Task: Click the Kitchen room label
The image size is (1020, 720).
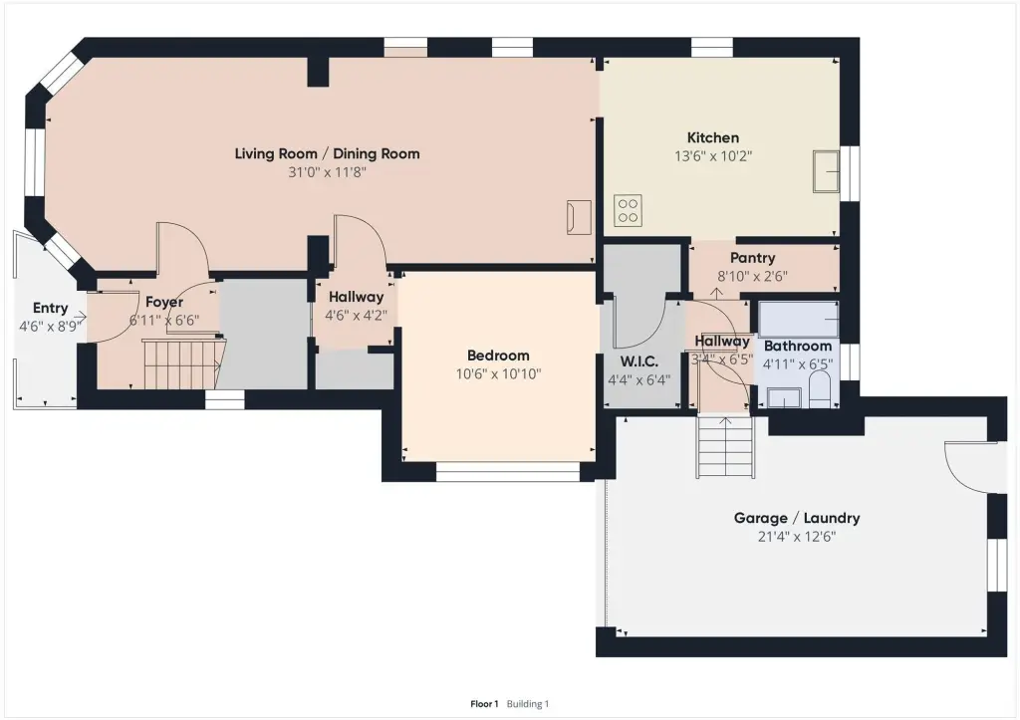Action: pyautogui.click(x=713, y=137)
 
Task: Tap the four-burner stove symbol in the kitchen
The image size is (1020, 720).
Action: pyautogui.click(x=628, y=211)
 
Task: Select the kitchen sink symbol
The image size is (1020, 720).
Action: pyautogui.click(x=827, y=171)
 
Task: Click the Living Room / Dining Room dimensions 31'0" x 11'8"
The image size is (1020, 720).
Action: pyautogui.click(x=327, y=172)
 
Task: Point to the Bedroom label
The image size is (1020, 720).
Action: pyautogui.click(x=498, y=356)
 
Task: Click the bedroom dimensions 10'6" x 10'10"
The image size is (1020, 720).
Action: pyautogui.click(x=498, y=374)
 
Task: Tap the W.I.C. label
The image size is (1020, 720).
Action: pyautogui.click(x=638, y=361)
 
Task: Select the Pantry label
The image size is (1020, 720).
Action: pyautogui.click(x=753, y=258)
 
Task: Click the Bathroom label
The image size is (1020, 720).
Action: pyautogui.click(x=798, y=346)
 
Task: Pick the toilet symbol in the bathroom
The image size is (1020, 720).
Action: pyautogui.click(x=820, y=389)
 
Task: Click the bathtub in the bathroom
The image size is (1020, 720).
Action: pyautogui.click(x=798, y=319)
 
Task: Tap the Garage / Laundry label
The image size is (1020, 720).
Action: pyautogui.click(x=797, y=519)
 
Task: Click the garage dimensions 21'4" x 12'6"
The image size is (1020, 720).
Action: pyautogui.click(x=797, y=537)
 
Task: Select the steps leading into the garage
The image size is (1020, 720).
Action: pyautogui.click(x=726, y=447)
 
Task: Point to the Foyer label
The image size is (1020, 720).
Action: pyautogui.click(x=164, y=303)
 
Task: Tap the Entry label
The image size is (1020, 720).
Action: pyautogui.click(x=50, y=309)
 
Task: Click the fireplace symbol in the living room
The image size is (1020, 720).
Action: pyautogui.click(x=579, y=216)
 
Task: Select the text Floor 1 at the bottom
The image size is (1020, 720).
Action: pyautogui.click(x=484, y=704)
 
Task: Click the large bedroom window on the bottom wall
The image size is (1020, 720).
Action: pyautogui.click(x=507, y=472)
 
